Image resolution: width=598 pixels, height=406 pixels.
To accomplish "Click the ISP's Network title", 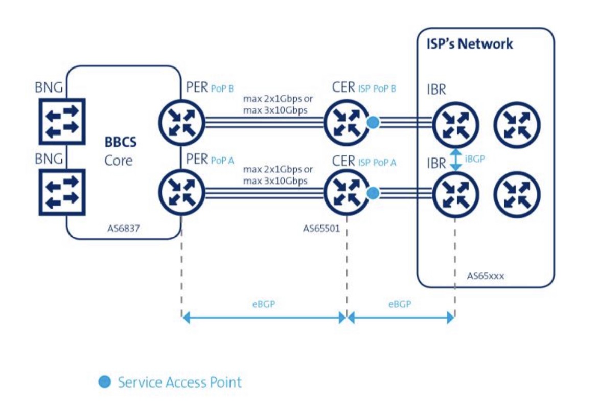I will click(x=469, y=43).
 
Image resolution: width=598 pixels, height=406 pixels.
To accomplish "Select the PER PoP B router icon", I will click(x=182, y=121).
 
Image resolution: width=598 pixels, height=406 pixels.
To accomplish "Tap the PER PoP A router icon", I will click(x=182, y=192).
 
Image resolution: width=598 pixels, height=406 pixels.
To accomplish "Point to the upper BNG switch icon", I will click(x=62, y=121).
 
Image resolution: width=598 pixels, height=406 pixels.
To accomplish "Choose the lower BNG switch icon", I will click(x=62, y=192).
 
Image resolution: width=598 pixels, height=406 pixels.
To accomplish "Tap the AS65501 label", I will click(x=322, y=229).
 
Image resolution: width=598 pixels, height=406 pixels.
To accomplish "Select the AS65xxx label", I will click(x=486, y=276).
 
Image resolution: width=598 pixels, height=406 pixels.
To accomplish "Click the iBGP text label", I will click(x=475, y=159).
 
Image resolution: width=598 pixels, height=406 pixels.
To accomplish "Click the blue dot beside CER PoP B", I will click(x=373, y=122).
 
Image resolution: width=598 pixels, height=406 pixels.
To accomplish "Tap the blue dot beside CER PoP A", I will click(x=373, y=193).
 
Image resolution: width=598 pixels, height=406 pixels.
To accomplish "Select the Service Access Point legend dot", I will click(x=104, y=381).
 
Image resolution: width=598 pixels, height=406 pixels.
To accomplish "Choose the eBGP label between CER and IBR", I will click(x=400, y=304).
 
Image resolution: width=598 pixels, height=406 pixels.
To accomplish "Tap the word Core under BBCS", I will click(x=119, y=161).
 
